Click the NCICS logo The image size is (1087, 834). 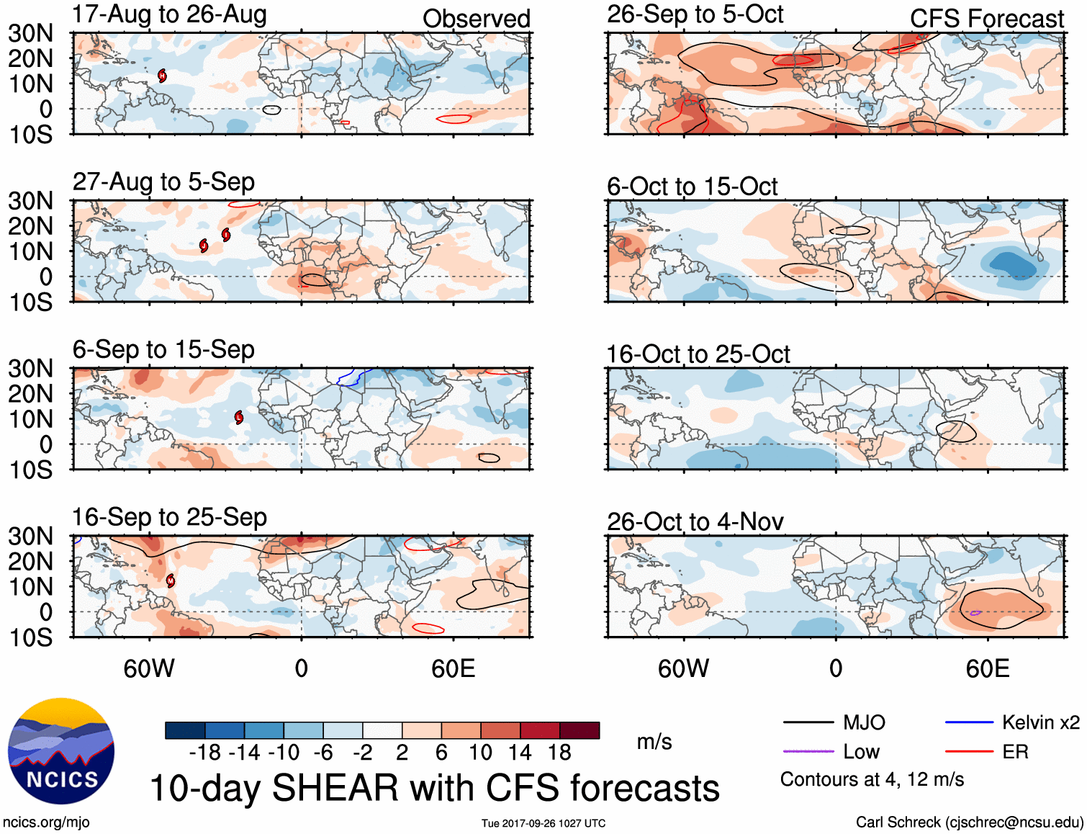pos(61,751)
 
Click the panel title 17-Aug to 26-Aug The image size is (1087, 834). pos(169,14)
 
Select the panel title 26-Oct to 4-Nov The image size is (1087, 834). pos(695,521)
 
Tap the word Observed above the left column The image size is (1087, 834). pos(476,19)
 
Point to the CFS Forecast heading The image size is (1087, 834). pos(986,19)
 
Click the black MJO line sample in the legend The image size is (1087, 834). pos(808,722)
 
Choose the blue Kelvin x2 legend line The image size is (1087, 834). pos(969,722)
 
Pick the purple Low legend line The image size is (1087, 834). pos(808,751)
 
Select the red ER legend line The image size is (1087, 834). pos(969,751)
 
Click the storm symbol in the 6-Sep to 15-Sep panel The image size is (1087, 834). pos(239,417)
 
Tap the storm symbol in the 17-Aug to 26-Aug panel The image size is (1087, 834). pos(163,76)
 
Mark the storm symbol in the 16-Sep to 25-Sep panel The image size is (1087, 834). pos(171,580)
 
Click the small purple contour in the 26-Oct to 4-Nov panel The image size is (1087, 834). pos(975,613)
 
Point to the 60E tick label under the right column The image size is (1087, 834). pos(987,669)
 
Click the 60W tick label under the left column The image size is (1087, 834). pos(149,669)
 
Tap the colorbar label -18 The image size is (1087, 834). pos(205,753)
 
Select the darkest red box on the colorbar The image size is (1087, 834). pos(579,730)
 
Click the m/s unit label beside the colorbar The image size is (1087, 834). pos(654,742)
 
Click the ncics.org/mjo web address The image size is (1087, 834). pos(46,822)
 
